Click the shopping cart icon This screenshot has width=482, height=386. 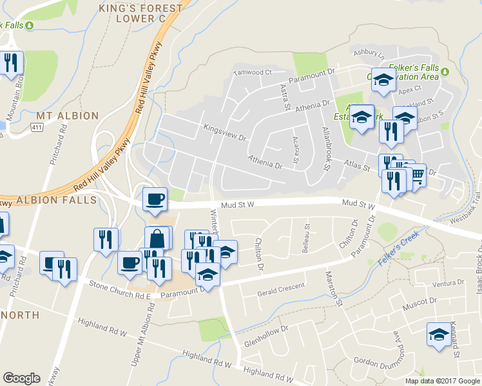point(417,174)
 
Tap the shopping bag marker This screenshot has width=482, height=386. point(158,239)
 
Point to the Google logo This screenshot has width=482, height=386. point(21,378)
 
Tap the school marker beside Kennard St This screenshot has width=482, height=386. point(439,335)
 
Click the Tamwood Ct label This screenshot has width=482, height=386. point(253,73)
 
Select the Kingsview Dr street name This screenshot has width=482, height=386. point(226,133)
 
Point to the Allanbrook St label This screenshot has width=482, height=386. point(326,149)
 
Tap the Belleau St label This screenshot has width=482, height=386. point(307,238)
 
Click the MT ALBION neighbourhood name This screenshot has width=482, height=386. point(67,116)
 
